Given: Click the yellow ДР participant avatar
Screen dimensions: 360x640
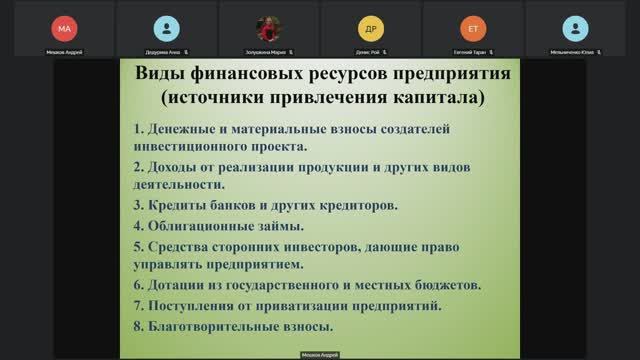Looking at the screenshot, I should [x=370, y=27].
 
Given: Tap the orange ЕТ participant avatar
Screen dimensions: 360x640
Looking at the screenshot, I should [x=472, y=27].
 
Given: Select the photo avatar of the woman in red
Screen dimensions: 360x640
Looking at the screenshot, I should [x=268, y=27].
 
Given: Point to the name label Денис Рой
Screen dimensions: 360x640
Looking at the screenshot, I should [x=367, y=49].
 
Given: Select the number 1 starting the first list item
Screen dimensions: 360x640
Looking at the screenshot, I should [x=136, y=129].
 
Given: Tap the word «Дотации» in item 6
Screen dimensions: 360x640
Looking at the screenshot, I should [x=180, y=285].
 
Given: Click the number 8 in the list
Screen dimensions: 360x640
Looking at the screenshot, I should [x=136, y=326].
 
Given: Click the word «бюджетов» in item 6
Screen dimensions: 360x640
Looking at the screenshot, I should [x=449, y=285].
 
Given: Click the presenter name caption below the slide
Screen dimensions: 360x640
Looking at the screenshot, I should [x=320, y=355].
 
